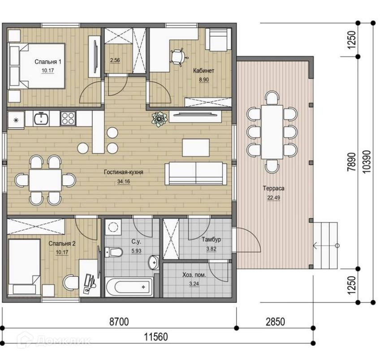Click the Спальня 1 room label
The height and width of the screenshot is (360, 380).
pos(48,62)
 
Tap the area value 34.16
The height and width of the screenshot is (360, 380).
pos(124,181)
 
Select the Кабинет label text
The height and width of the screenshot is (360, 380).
pos(203,71)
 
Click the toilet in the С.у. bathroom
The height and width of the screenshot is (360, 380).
pos(114,252)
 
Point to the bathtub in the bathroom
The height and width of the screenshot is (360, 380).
pos(129,287)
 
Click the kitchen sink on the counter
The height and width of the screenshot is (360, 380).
pos(41,118)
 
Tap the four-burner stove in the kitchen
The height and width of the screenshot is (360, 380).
pos(68,118)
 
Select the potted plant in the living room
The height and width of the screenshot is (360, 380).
pos(159,119)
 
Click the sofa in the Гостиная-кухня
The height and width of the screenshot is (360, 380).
pos(196,174)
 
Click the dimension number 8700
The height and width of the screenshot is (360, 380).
pos(119,322)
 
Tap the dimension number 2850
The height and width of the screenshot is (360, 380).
pos(275,322)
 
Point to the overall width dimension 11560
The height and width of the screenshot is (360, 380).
pos(156,337)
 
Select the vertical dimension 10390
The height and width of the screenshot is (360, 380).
pos(367,162)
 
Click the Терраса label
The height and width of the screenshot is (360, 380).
pos(274,188)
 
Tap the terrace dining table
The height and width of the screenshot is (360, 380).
pos(272,132)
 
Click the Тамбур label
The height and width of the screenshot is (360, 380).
pos(212,240)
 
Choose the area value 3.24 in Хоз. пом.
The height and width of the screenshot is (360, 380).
pos(194,284)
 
